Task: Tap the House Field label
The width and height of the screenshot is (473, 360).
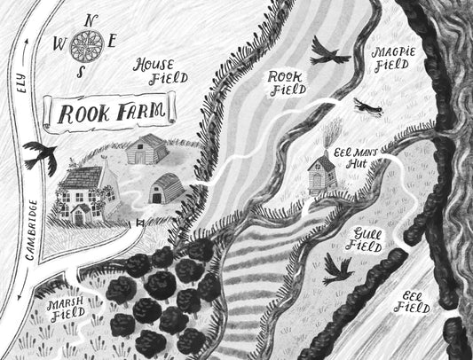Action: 161,71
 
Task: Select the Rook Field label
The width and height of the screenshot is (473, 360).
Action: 287,82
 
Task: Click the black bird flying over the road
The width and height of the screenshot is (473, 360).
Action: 42,155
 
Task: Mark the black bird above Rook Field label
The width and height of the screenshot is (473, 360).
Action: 328,51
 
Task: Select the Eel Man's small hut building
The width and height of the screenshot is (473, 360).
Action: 319,172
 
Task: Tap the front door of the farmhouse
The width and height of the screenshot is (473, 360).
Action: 78,215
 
